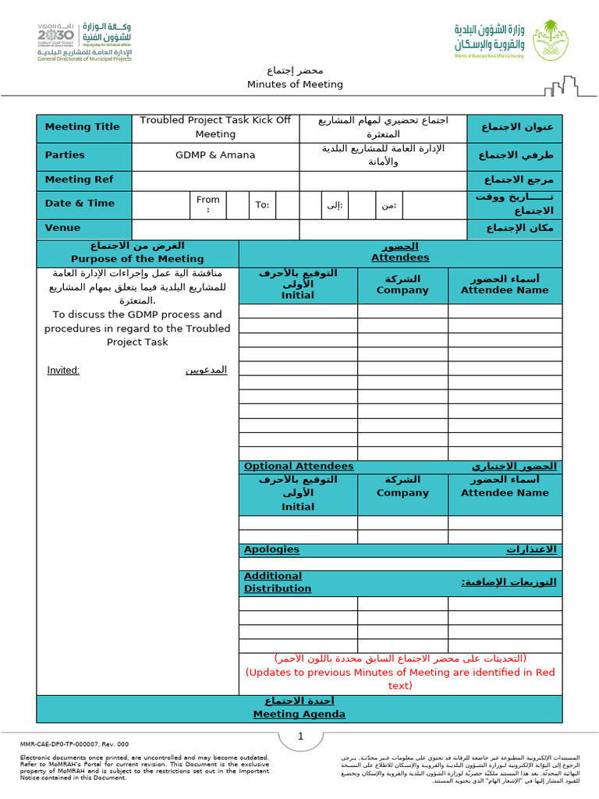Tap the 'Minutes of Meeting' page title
coord(295,84)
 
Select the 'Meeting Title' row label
coord(83,127)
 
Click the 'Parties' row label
coord(65,155)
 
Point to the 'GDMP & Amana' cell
coord(215,155)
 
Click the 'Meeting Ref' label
coord(79,179)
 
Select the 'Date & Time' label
coord(80,204)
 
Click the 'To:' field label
coord(262,205)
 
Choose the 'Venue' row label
coord(62,228)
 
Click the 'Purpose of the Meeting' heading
coord(137,259)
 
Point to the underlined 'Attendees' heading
coord(399,257)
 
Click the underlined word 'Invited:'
coord(63,370)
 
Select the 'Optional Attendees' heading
coord(299,467)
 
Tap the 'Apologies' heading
coord(271,549)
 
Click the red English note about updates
coord(399,678)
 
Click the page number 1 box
coord(299,737)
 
